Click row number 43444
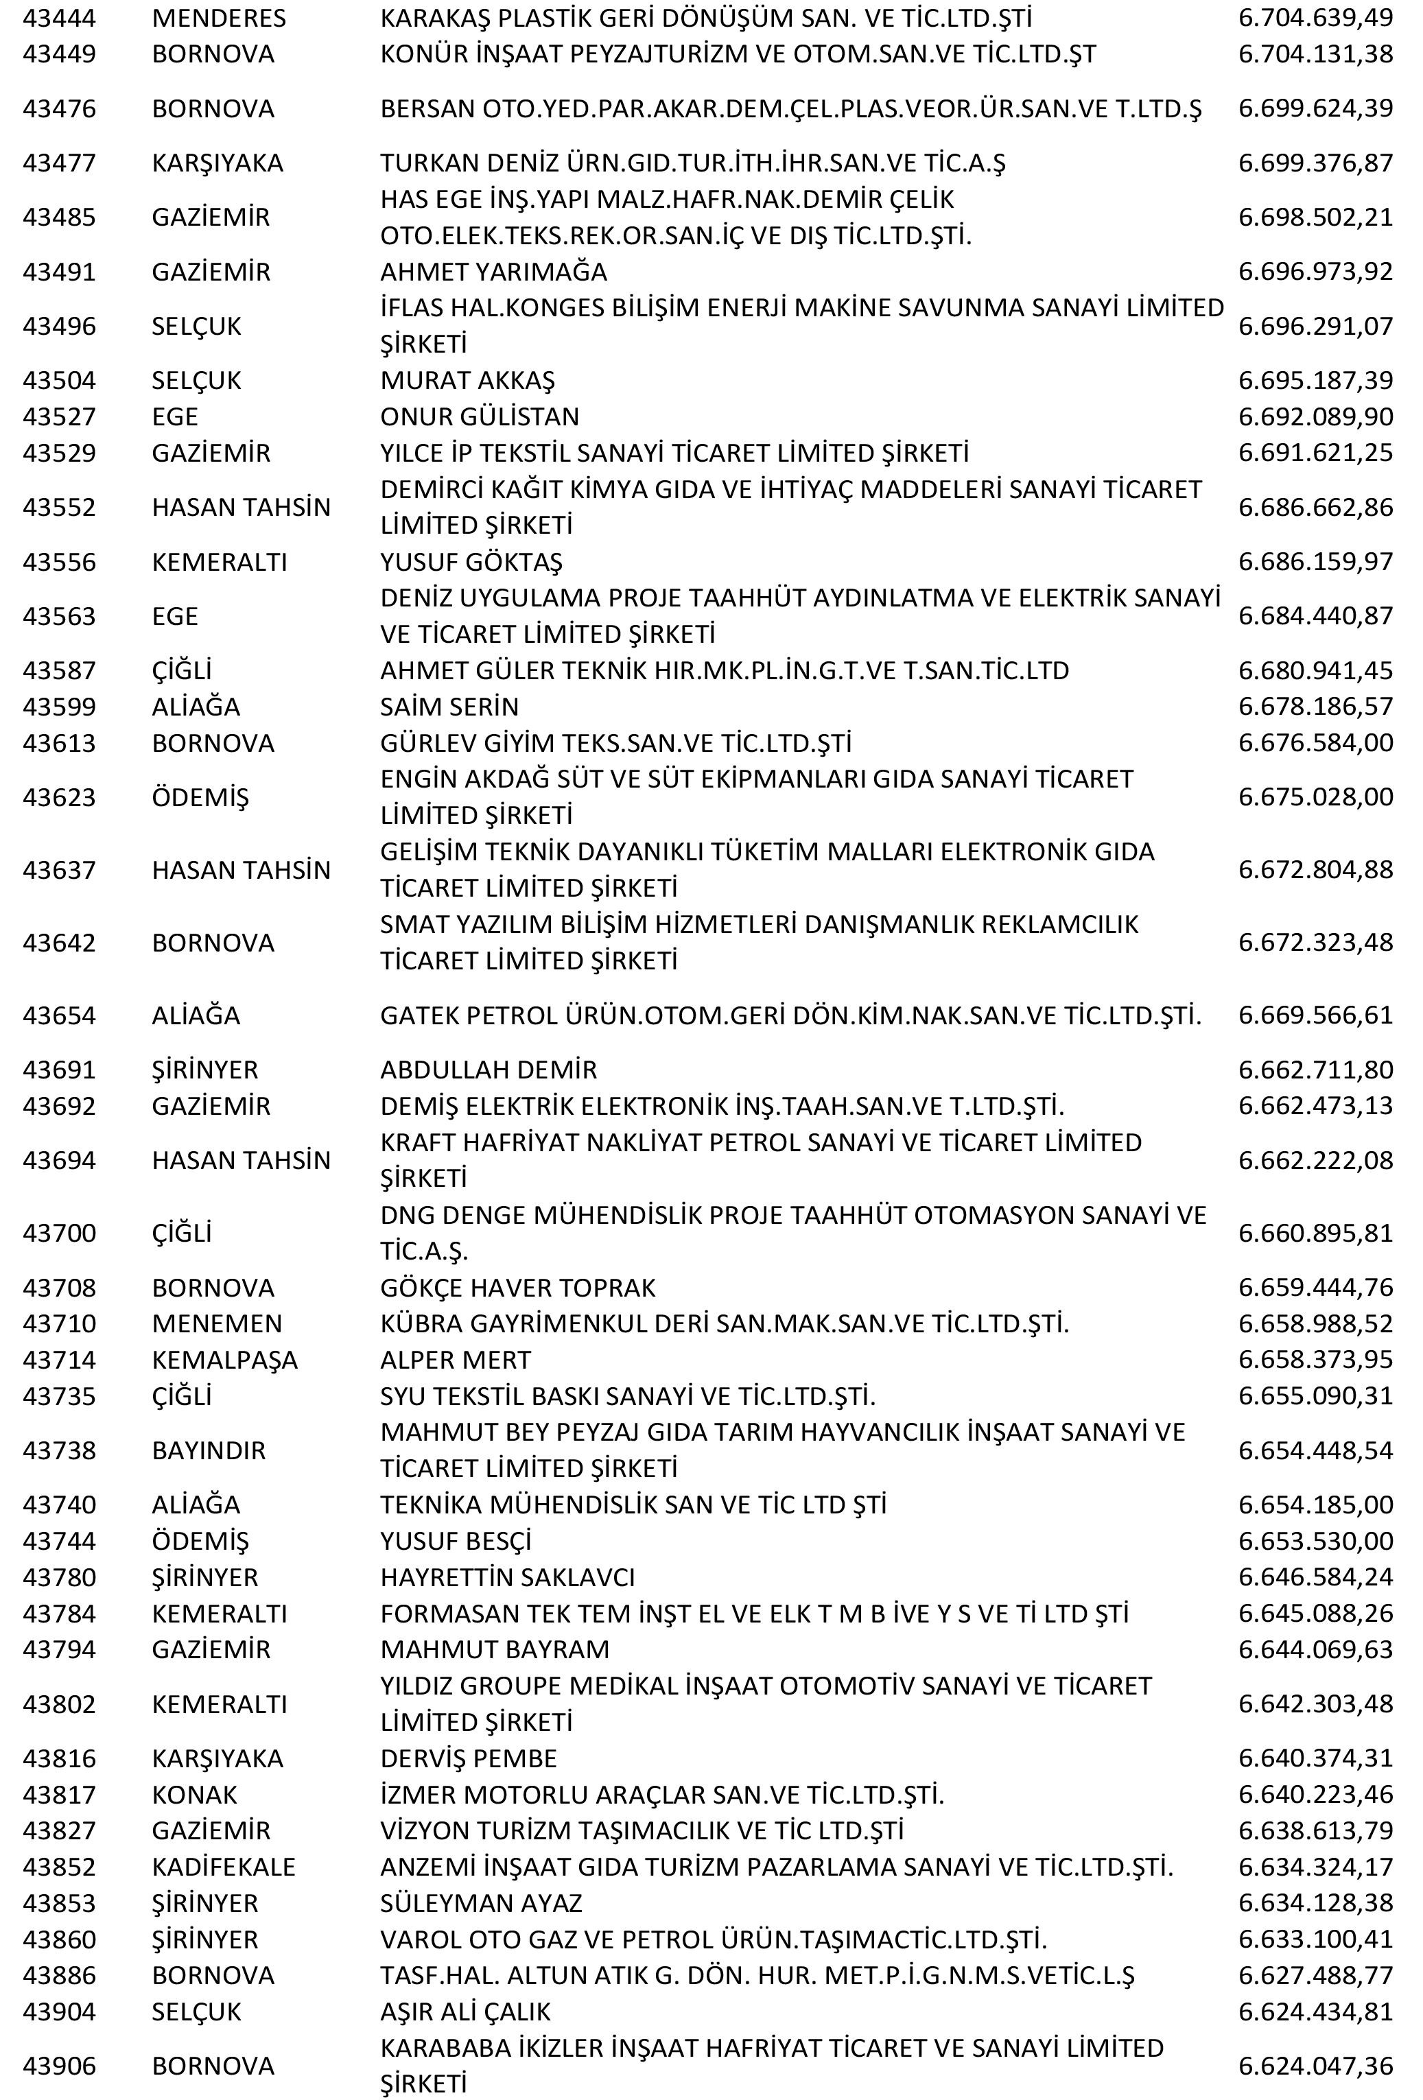tap(59, 18)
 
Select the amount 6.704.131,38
tap(1315, 54)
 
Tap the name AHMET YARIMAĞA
tap(493, 272)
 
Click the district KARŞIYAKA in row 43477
tap(217, 163)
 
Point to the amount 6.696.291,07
tap(1315, 326)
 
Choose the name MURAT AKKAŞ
tap(467, 381)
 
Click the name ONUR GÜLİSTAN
tap(479, 416)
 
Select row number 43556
tap(59, 562)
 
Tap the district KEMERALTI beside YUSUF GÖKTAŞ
tap(219, 562)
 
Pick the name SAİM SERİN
tap(449, 707)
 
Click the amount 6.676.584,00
tap(1315, 743)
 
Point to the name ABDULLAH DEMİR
tap(488, 1070)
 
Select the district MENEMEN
tap(217, 1324)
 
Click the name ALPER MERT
tap(456, 1360)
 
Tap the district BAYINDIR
tap(209, 1450)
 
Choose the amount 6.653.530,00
tap(1315, 1541)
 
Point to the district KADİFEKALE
tap(223, 1867)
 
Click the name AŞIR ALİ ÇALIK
tap(464, 2011)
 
